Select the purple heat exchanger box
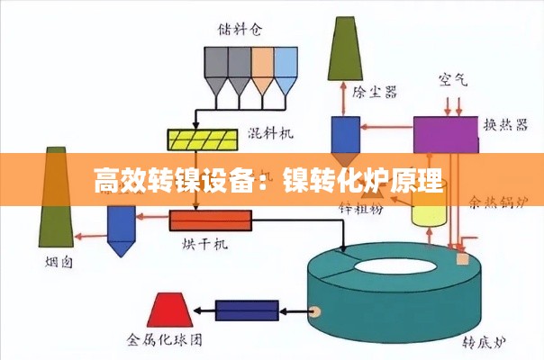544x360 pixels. (446, 134)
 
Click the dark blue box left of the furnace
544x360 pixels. (246, 311)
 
